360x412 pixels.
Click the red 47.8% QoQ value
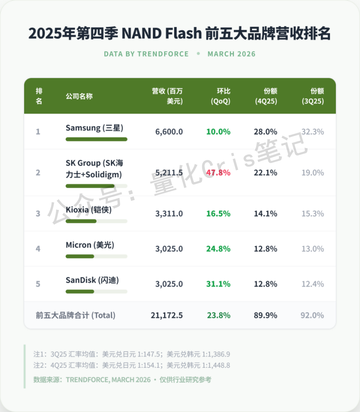pyautogui.click(x=218, y=173)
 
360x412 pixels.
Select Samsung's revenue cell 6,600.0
pyautogui.click(x=169, y=132)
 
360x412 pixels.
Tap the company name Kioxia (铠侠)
pyautogui.click(x=88, y=210)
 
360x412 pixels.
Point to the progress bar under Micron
pyautogui.click(x=96, y=256)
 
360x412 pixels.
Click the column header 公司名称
pyautogui.click(x=79, y=96)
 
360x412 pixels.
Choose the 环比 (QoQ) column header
pyautogui.click(x=221, y=96)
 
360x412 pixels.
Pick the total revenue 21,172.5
pyautogui.click(x=167, y=315)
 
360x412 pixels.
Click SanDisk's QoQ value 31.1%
pyautogui.click(x=218, y=284)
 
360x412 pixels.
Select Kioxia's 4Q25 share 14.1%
pyautogui.click(x=265, y=213)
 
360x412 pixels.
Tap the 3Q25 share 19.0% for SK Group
pyautogui.click(x=312, y=173)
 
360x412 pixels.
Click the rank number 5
pyautogui.click(x=38, y=284)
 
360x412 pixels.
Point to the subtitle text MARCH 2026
pyautogui.click(x=231, y=54)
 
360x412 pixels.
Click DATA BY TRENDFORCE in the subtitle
pyautogui.click(x=146, y=54)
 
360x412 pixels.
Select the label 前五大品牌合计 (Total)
pyautogui.click(x=75, y=315)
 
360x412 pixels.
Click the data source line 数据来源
pyautogui.click(x=122, y=380)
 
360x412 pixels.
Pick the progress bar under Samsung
pyautogui.click(x=96, y=139)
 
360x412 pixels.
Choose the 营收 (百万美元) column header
pyautogui.click(x=168, y=96)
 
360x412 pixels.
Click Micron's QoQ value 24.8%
pyautogui.click(x=218, y=249)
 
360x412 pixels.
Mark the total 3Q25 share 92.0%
pyautogui.click(x=312, y=315)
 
